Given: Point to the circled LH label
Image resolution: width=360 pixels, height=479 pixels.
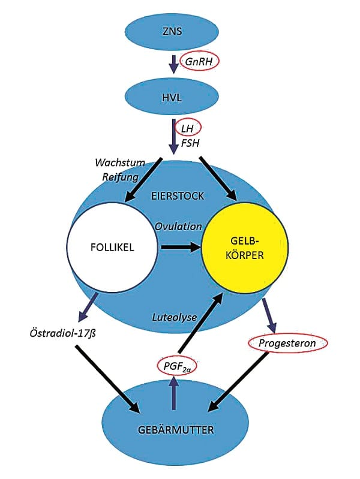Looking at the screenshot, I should point(187,127).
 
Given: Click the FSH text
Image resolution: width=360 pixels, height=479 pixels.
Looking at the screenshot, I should point(190,144).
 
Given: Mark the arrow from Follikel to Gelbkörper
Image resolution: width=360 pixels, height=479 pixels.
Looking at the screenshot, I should point(179,246).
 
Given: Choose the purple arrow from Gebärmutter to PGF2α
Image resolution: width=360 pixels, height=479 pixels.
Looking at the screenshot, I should point(175,393).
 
